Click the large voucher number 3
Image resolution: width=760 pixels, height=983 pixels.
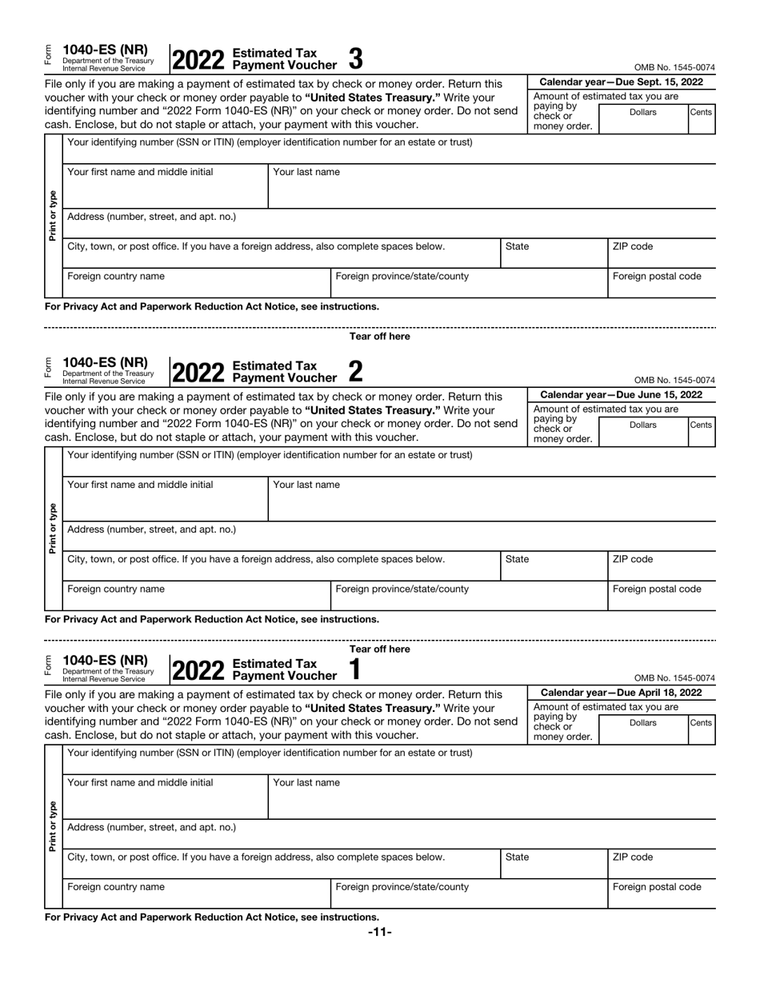[x=356, y=58]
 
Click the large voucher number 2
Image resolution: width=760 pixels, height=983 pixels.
[x=356, y=370]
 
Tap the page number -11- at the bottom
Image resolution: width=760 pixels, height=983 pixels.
[x=379, y=932]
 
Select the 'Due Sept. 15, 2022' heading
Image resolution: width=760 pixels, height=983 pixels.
[x=622, y=82]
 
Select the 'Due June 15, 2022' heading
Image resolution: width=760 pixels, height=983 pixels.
[x=622, y=395]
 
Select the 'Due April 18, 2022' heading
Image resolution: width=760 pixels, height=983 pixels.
[x=622, y=693]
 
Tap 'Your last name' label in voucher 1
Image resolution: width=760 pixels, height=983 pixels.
[x=306, y=783]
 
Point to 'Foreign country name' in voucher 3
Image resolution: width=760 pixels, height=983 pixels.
[x=117, y=277]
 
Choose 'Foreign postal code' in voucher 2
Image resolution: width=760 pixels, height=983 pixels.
[x=657, y=589]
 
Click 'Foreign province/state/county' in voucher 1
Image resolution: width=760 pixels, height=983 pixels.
[x=402, y=887]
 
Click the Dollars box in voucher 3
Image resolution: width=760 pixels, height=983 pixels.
[x=642, y=118]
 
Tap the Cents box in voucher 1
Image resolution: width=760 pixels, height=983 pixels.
[x=701, y=729]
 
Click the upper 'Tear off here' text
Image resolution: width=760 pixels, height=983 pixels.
[x=379, y=337]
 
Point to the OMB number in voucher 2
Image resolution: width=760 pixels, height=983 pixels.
[x=674, y=381]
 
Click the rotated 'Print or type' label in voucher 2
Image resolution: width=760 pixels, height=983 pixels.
[x=53, y=528]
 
